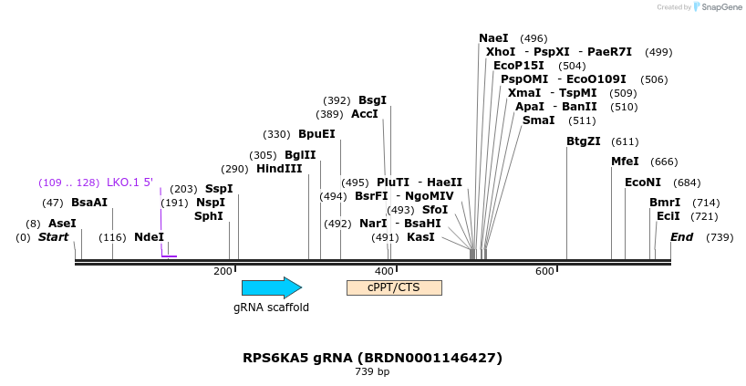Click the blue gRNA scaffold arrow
point(271,287)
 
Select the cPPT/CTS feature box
point(394,287)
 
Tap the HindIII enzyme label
point(279,169)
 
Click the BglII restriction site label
point(300,155)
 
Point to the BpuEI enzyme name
point(316,134)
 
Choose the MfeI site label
point(626,162)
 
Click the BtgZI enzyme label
point(584,141)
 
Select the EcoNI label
point(643,183)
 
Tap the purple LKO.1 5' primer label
point(130,183)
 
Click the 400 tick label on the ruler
point(384,271)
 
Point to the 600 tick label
point(544,271)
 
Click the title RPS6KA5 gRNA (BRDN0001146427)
point(372,358)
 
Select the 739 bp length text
point(372,372)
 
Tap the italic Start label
point(53,237)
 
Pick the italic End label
point(681,237)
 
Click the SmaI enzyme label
point(538,120)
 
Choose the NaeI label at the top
point(493,38)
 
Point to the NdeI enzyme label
point(149,237)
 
